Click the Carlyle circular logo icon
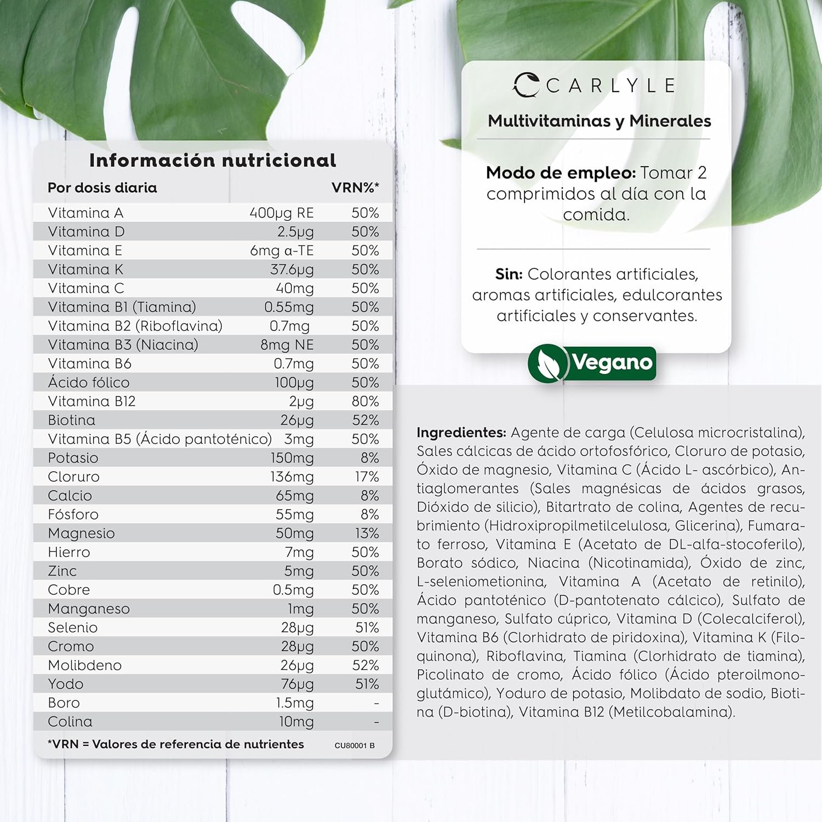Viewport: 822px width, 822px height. pyautogui.click(x=526, y=85)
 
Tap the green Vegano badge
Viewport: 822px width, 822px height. pyautogui.click(x=592, y=363)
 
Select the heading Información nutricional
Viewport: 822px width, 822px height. pyautogui.click(x=213, y=160)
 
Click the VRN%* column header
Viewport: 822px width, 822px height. pyautogui.click(x=355, y=187)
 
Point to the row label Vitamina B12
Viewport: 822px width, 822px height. pyautogui.click(x=92, y=401)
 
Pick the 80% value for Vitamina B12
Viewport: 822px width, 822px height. pyautogui.click(x=365, y=401)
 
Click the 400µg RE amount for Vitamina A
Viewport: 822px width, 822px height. pyautogui.click(x=281, y=213)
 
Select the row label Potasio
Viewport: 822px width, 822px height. pyautogui.click(x=73, y=458)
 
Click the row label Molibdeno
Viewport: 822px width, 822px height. pyautogui.click(x=84, y=665)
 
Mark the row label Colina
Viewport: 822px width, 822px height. pyautogui.click(x=70, y=722)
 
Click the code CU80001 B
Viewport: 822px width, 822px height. pyautogui.click(x=355, y=745)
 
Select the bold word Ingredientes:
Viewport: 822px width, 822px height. pyautogui.click(x=461, y=432)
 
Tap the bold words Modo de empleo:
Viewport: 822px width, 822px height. pyautogui.click(x=561, y=173)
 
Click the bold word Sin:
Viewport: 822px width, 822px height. pyautogui.click(x=509, y=274)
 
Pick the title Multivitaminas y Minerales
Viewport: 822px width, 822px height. pyautogui.click(x=600, y=121)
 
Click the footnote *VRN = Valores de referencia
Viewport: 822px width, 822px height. pyautogui.click(x=175, y=744)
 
